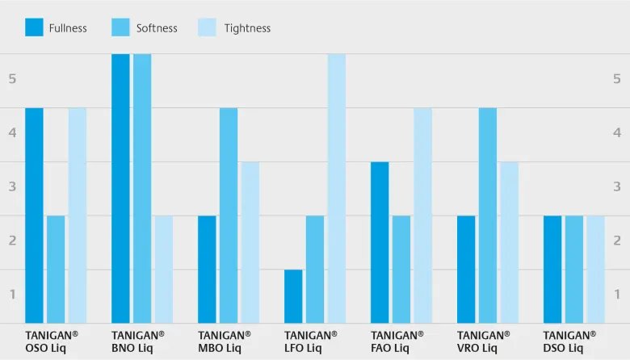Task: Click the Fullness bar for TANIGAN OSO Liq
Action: [x=34, y=216]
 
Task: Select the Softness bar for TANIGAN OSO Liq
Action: [x=56, y=270]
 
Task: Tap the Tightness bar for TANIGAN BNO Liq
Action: [x=164, y=270]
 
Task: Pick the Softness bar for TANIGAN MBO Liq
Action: [x=229, y=216]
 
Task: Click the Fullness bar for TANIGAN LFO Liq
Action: [x=293, y=296]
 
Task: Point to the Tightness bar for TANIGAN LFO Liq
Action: [x=337, y=189]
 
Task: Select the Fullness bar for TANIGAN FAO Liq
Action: [x=380, y=242]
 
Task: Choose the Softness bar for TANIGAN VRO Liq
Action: [x=488, y=216]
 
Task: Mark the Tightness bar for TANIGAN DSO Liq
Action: [x=595, y=270]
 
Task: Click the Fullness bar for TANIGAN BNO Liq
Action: [x=120, y=189]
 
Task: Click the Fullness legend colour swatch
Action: [x=34, y=27]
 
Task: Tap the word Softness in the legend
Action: [x=157, y=28]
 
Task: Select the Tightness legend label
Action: [x=246, y=28]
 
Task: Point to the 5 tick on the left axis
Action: [x=12, y=79]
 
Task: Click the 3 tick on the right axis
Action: [x=617, y=186]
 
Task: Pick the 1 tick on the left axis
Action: [x=12, y=294]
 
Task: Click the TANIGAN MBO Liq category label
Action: [x=224, y=341]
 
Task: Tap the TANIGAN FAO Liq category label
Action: [x=397, y=341]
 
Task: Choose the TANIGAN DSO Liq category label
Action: [x=569, y=341]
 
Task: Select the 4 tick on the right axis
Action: [x=617, y=132]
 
